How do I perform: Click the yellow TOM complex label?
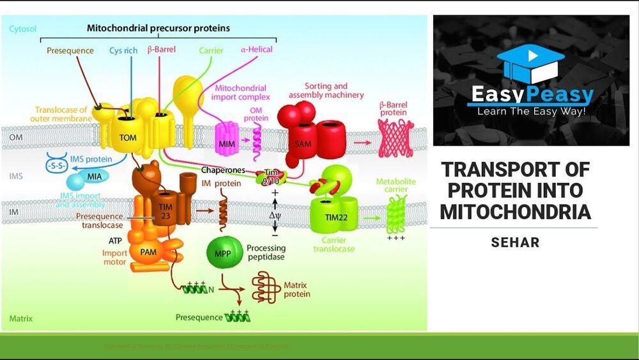click(128, 137)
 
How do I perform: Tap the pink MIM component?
click(224, 143)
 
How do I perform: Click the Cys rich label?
click(123, 50)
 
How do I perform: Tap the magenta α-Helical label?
click(256, 49)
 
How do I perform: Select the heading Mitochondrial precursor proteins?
click(158, 28)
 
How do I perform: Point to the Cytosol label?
click(23, 29)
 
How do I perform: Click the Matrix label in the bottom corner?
click(21, 318)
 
